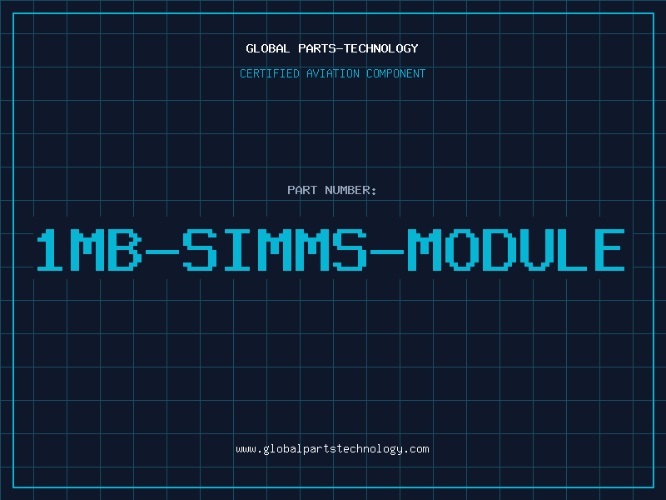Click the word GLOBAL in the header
(267, 48)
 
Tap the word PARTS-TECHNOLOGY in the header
(358, 48)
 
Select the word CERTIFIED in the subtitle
(269, 73)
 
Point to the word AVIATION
(332, 73)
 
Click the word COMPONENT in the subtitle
(395, 73)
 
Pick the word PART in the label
(302, 190)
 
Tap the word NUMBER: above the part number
(350, 190)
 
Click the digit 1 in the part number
(50, 250)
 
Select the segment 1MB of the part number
(89, 250)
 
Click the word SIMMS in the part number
(275, 250)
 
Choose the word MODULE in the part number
(516, 250)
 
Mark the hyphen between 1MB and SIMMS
(162, 252)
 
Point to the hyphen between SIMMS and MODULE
(387, 252)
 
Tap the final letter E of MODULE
(609, 250)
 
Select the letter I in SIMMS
(237, 250)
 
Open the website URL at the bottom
(332, 449)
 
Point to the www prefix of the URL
(246, 450)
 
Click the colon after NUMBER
(374, 192)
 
